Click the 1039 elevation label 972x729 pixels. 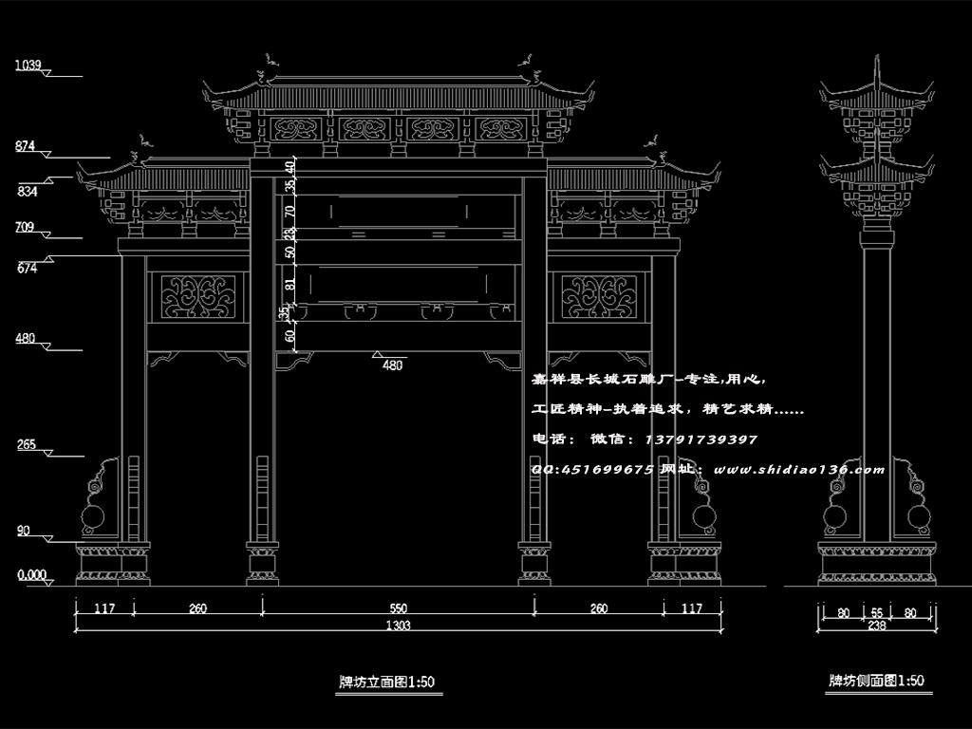click(28, 65)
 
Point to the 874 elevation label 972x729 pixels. click(26, 146)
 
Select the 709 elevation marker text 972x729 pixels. click(26, 227)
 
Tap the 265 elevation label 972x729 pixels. click(26, 444)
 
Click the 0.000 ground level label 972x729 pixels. click(32, 574)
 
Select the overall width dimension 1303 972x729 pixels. click(399, 625)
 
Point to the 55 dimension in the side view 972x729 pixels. click(876, 612)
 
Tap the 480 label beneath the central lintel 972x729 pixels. click(391, 364)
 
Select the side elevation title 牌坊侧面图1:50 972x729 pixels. click(876, 681)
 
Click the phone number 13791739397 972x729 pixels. click(701, 439)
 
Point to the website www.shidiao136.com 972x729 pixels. click(798, 469)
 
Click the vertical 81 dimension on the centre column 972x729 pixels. click(290, 283)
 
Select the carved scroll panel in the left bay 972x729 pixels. click(197, 296)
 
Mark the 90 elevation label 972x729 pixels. click(23, 531)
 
